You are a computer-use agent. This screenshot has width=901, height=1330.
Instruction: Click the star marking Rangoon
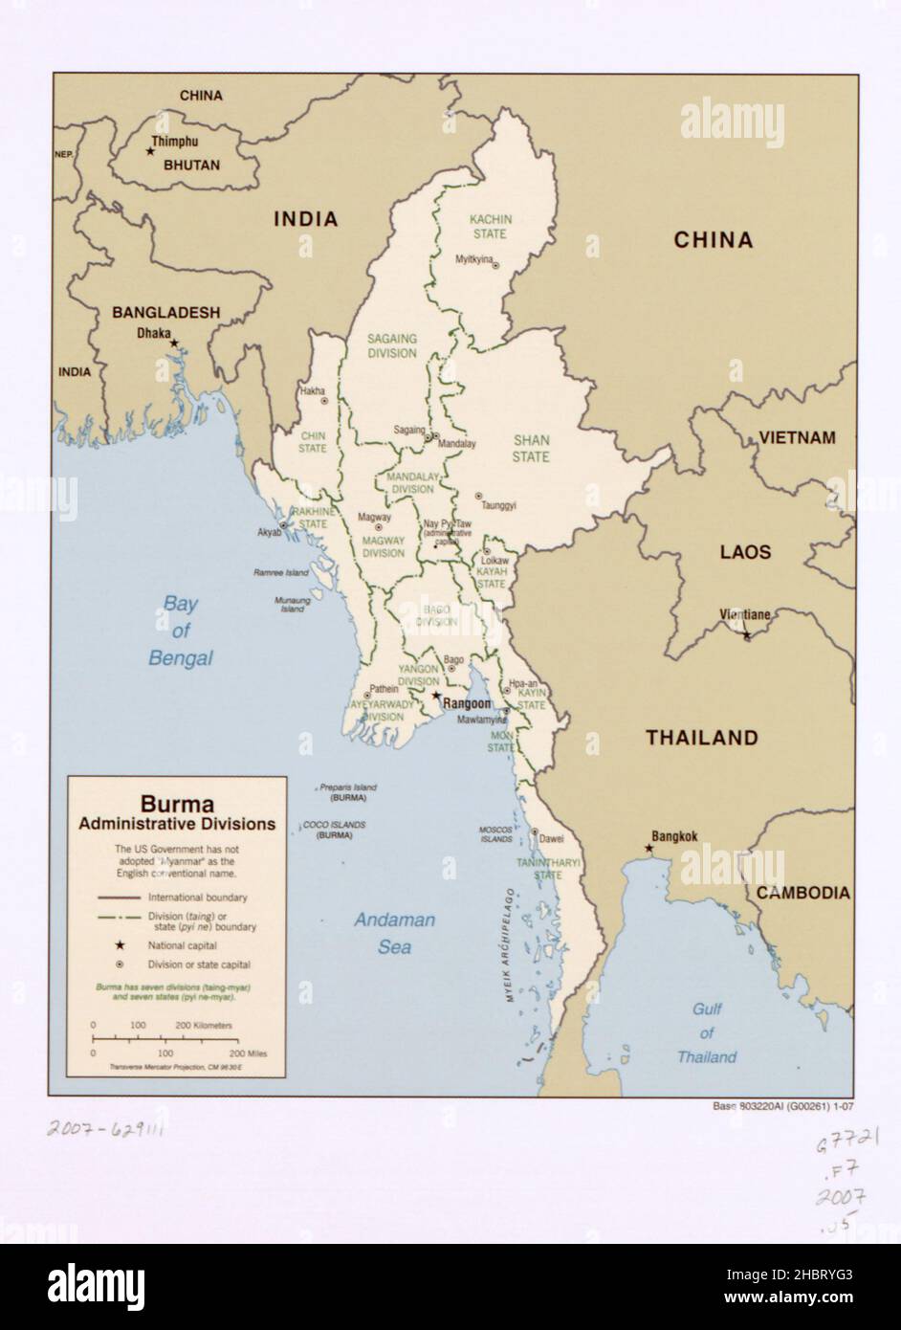tap(436, 696)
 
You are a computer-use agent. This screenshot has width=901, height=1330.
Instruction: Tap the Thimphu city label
tap(174, 141)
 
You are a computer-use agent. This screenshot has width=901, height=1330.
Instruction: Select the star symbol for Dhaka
tap(174, 343)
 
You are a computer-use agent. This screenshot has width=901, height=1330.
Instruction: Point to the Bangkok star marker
tap(649, 849)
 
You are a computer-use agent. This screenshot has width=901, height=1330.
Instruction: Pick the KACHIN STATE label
tap(491, 226)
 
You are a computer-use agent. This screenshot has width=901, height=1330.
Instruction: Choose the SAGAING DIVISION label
tap(392, 345)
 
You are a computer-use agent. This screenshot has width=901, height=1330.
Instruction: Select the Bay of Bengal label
tap(180, 631)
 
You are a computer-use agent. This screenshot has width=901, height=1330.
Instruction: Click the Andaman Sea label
tap(395, 933)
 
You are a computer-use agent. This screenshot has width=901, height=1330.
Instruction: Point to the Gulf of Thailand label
tap(706, 1033)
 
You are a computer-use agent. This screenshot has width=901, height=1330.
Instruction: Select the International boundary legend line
tap(120, 898)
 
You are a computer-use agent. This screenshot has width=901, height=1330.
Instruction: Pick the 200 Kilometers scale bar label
tap(204, 1025)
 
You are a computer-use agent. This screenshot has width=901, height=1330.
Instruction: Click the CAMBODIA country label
tap(802, 893)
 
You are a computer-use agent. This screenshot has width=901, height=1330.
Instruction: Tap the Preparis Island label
tap(348, 787)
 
